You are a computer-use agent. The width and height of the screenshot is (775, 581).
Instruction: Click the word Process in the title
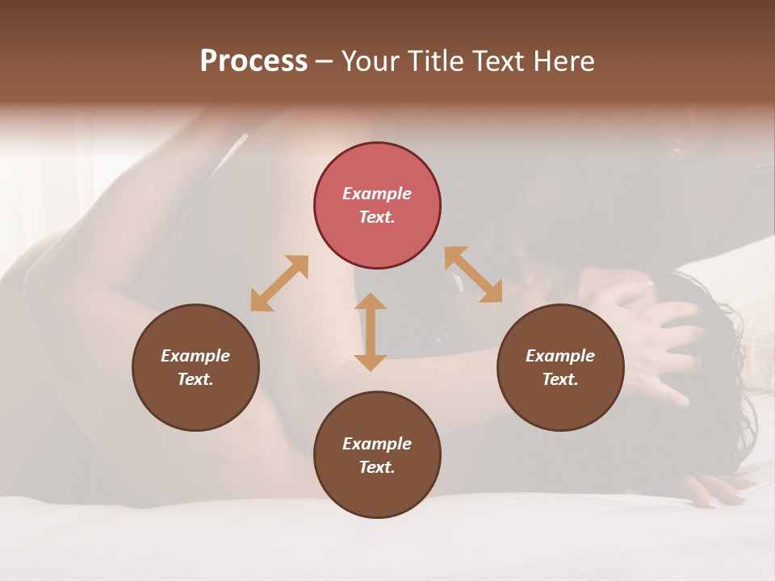(x=253, y=61)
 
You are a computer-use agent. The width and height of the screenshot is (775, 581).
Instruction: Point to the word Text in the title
(x=501, y=61)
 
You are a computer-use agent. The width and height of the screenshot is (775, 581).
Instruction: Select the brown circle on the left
(x=195, y=367)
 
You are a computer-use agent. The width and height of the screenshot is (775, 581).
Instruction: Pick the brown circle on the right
(x=560, y=367)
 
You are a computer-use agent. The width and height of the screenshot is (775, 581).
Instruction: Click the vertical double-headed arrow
(x=371, y=332)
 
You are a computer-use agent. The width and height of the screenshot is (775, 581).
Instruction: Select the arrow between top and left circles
(x=279, y=283)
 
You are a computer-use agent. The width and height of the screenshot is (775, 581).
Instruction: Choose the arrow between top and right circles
(x=473, y=275)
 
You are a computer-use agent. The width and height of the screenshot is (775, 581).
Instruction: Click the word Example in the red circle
(x=377, y=194)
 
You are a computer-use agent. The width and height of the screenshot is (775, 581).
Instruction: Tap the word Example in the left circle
(x=195, y=356)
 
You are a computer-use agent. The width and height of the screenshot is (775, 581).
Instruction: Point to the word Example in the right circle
(x=560, y=356)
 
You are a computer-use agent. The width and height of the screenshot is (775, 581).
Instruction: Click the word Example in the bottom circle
(x=377, y=444)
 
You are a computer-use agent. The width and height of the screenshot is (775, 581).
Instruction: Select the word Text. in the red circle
(x=377, y=217)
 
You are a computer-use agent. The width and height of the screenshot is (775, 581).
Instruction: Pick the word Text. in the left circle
(x=195, y=379)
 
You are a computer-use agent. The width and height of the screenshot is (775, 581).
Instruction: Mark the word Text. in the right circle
(x=560, y=379)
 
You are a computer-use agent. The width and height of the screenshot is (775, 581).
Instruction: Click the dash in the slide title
(x=325, y=61)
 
